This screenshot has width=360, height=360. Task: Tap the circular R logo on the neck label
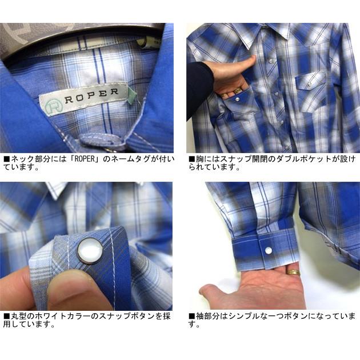pos(54,105)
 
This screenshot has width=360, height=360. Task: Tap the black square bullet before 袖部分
pos(191,316)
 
